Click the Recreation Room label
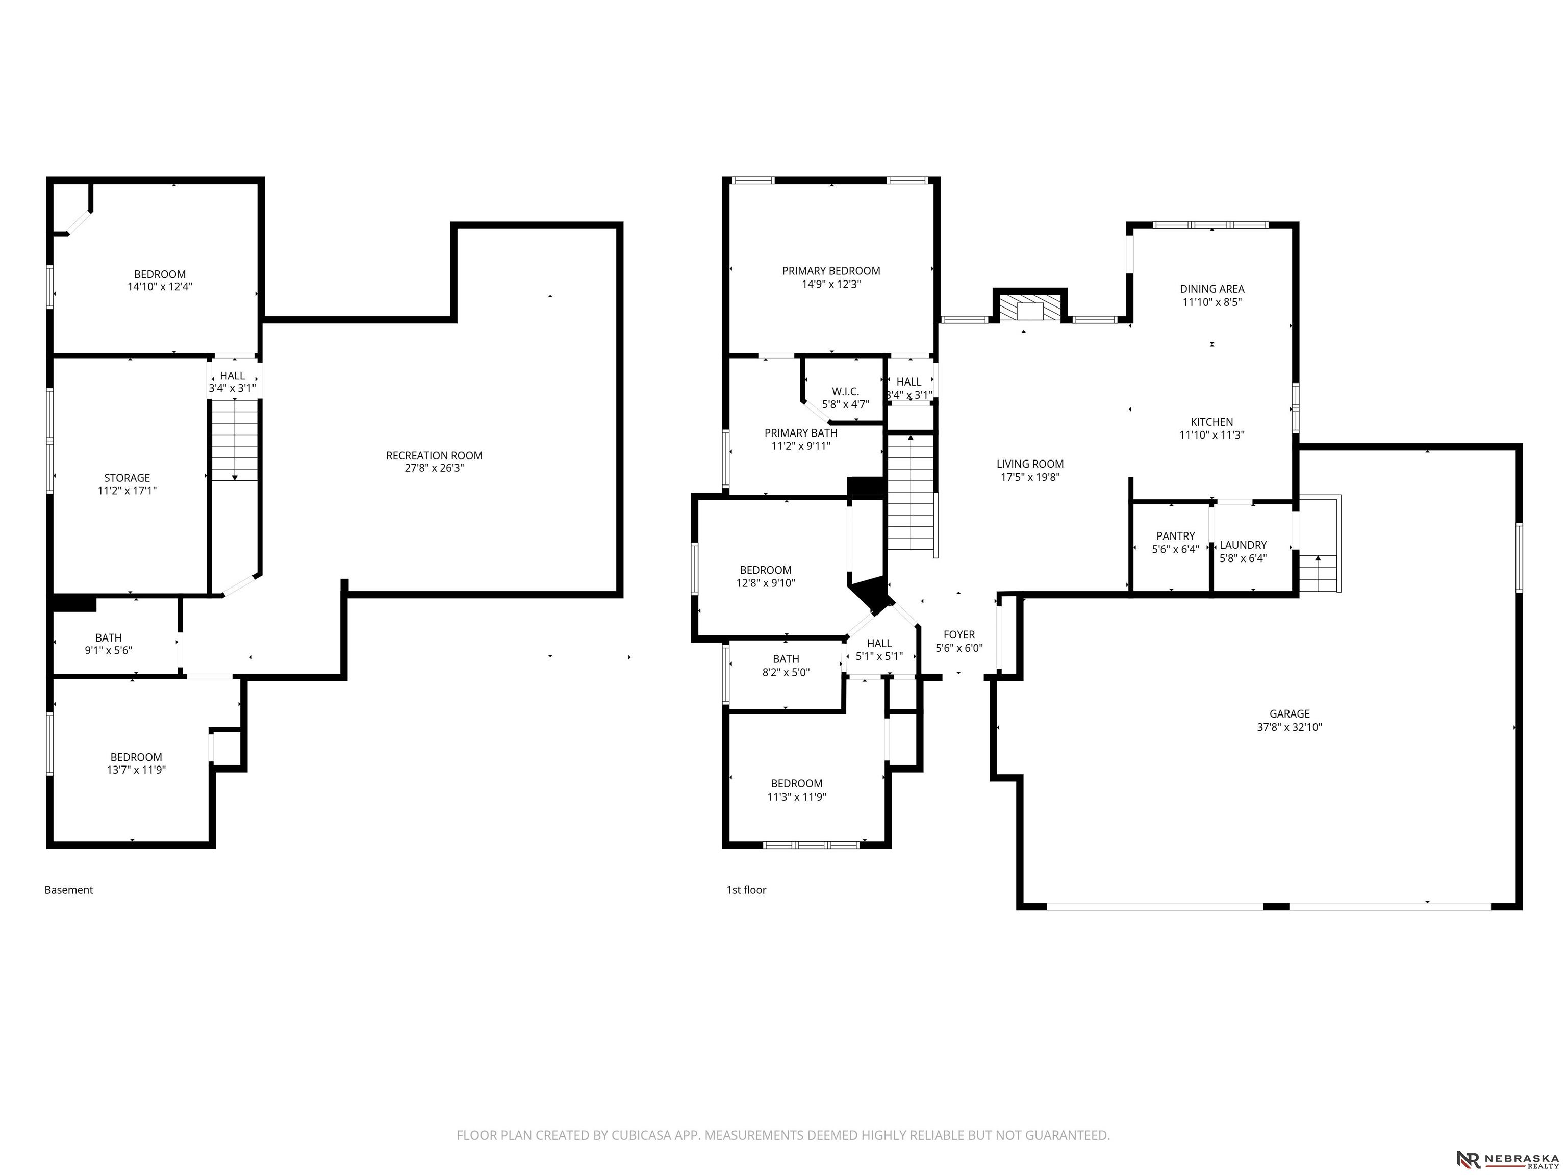434,455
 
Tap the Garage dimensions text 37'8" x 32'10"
1290,727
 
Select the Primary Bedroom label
831,271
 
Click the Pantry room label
1175,536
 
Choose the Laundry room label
1243,545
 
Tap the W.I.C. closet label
845,392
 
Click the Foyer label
959,634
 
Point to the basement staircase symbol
235,440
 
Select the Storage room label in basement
127,478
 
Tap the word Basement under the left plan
69,890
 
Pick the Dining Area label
1212,289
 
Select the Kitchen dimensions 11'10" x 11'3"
1211,435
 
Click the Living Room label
1030,464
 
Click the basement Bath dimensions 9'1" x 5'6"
108,650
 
